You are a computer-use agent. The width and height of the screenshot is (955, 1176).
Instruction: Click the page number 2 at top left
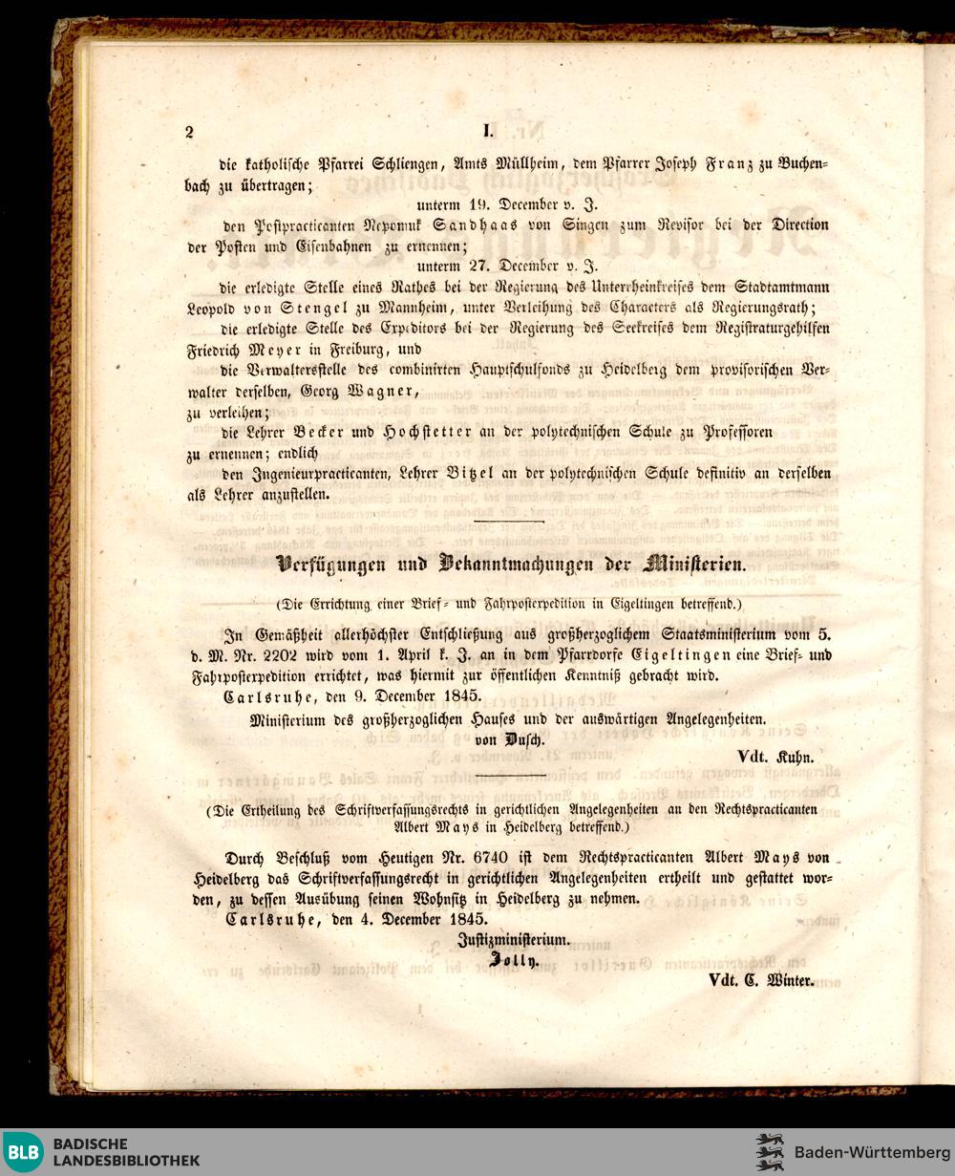point(189,132)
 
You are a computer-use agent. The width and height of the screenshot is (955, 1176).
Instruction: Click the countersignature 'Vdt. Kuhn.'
point(775,757)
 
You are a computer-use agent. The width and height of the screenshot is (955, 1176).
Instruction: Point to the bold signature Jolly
point(514,961)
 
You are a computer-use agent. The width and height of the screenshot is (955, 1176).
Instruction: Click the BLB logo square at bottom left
point(23,1151)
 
